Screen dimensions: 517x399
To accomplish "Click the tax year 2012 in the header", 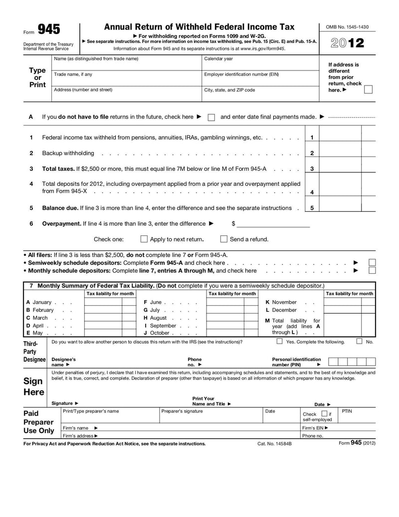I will pyautogui.click(x=348, y=43).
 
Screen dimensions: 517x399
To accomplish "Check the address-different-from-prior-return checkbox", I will pyautogui.click(x=368, y=90).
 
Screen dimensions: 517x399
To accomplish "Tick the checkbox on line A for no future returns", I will pyautogui.click(x=211, y=117).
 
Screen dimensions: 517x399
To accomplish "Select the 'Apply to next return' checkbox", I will pyautogui.click(x=144, y=239).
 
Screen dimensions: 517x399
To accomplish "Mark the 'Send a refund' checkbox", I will pyautogui.click(x=224, y=239).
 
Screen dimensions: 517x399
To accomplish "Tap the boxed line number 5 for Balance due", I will pyautogui.click(x=312, y=208).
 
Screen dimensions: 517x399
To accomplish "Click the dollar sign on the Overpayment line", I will pyautogui.click(x=233, y=224).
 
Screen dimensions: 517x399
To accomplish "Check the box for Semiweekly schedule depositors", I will pyautogui.click(x=372, y=262).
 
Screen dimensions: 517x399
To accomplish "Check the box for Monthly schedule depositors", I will pyautogui.click(x=372, y=271).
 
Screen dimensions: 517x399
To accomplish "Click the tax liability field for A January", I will pyautogui.click(x=103, y=302).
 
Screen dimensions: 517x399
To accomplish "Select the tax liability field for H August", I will pyautogui.click(x=225, y=318).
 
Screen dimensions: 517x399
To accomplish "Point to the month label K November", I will pyautogui.click(x=281, y=302).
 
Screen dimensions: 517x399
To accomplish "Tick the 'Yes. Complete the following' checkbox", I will pyautogui.click(x=279, y=342).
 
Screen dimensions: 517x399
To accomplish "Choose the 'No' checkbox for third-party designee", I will pyautogui.click(x=360, y=342).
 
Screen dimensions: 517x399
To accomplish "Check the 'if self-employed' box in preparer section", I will pyautogui.click(x=324, y=414).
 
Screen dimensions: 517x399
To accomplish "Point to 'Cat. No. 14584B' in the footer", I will pyautogui.click(x=274, y=444).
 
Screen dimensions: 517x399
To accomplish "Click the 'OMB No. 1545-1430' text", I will pyautogui.click(x=347, y=27).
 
